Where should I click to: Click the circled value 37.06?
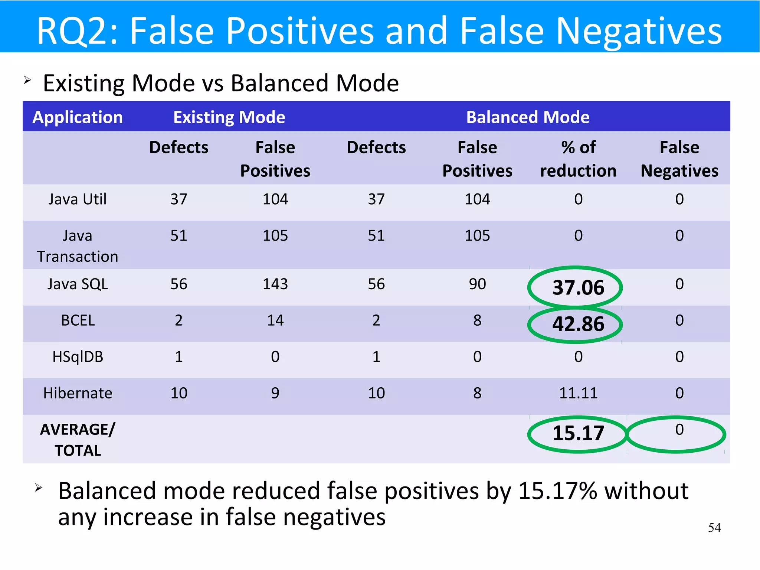pyautogui.click(x=578, y=287)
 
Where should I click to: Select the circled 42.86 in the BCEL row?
pyautogui.click(x=578, y=324)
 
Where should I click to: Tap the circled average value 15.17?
pyautogui.click(x=578, y=433)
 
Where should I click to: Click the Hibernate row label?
pyautogui.click(x=78, y=393)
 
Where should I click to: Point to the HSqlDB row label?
pyautogui.click(x=78, y=356)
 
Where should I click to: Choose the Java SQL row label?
pyautogui.click(x=78, y=284)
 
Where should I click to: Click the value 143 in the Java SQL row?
pyautogui.click(x=275, y=284)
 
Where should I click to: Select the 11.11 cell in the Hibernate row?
pyautogui.click(x=578, y=393)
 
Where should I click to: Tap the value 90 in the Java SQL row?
pyautogui.click(x=477, y=284)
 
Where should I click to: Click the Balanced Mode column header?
pyautogui.click(x=527, y=117)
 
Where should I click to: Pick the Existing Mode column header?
pyautogui.click(x=229, y=117)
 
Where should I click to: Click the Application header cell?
pyautogui.click(x=78, y=117)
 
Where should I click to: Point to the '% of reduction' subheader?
pyautogui.click(x=578, y=159)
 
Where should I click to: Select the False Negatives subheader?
pyautogui.click(x=679, y=159)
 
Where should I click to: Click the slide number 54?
pyautogui.click(x=714, y=528)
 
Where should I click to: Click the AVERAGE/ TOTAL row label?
pyautogui.click(x=78, y=440)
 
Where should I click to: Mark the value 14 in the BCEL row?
pyautogui.click(x=275, y=320)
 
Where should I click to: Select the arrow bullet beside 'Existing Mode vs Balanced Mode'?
pyautogui.click(x=27, y=80)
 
